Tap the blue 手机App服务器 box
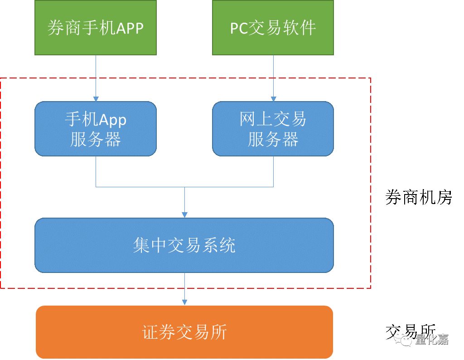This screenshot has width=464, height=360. click(x=95, y=129)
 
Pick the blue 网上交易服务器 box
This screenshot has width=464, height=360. click(x=273, y=129)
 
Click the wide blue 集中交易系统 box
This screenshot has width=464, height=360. click(x=184, y=245)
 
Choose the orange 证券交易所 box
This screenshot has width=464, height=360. click(x=184, y=332)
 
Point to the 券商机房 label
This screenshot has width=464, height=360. click(x=419, y=197)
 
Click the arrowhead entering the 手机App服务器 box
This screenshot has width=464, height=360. click(x=96, y=98)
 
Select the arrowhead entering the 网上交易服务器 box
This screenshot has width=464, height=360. click(x=273, y=98)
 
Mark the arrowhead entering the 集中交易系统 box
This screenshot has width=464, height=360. click(x=184, y=214)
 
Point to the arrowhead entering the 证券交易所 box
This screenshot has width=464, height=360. click(x=184, y=302)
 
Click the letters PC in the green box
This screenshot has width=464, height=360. click(x=238, y=28)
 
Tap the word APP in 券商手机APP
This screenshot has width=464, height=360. click(x=130, y=28)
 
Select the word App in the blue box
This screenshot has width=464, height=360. click(x=113, y=120)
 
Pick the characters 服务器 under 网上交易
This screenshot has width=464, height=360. click(x=273, y=139)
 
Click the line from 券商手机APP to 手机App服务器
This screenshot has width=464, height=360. click(x=96, y=75)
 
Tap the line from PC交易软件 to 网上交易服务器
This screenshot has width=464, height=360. click(x=273, y=75)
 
